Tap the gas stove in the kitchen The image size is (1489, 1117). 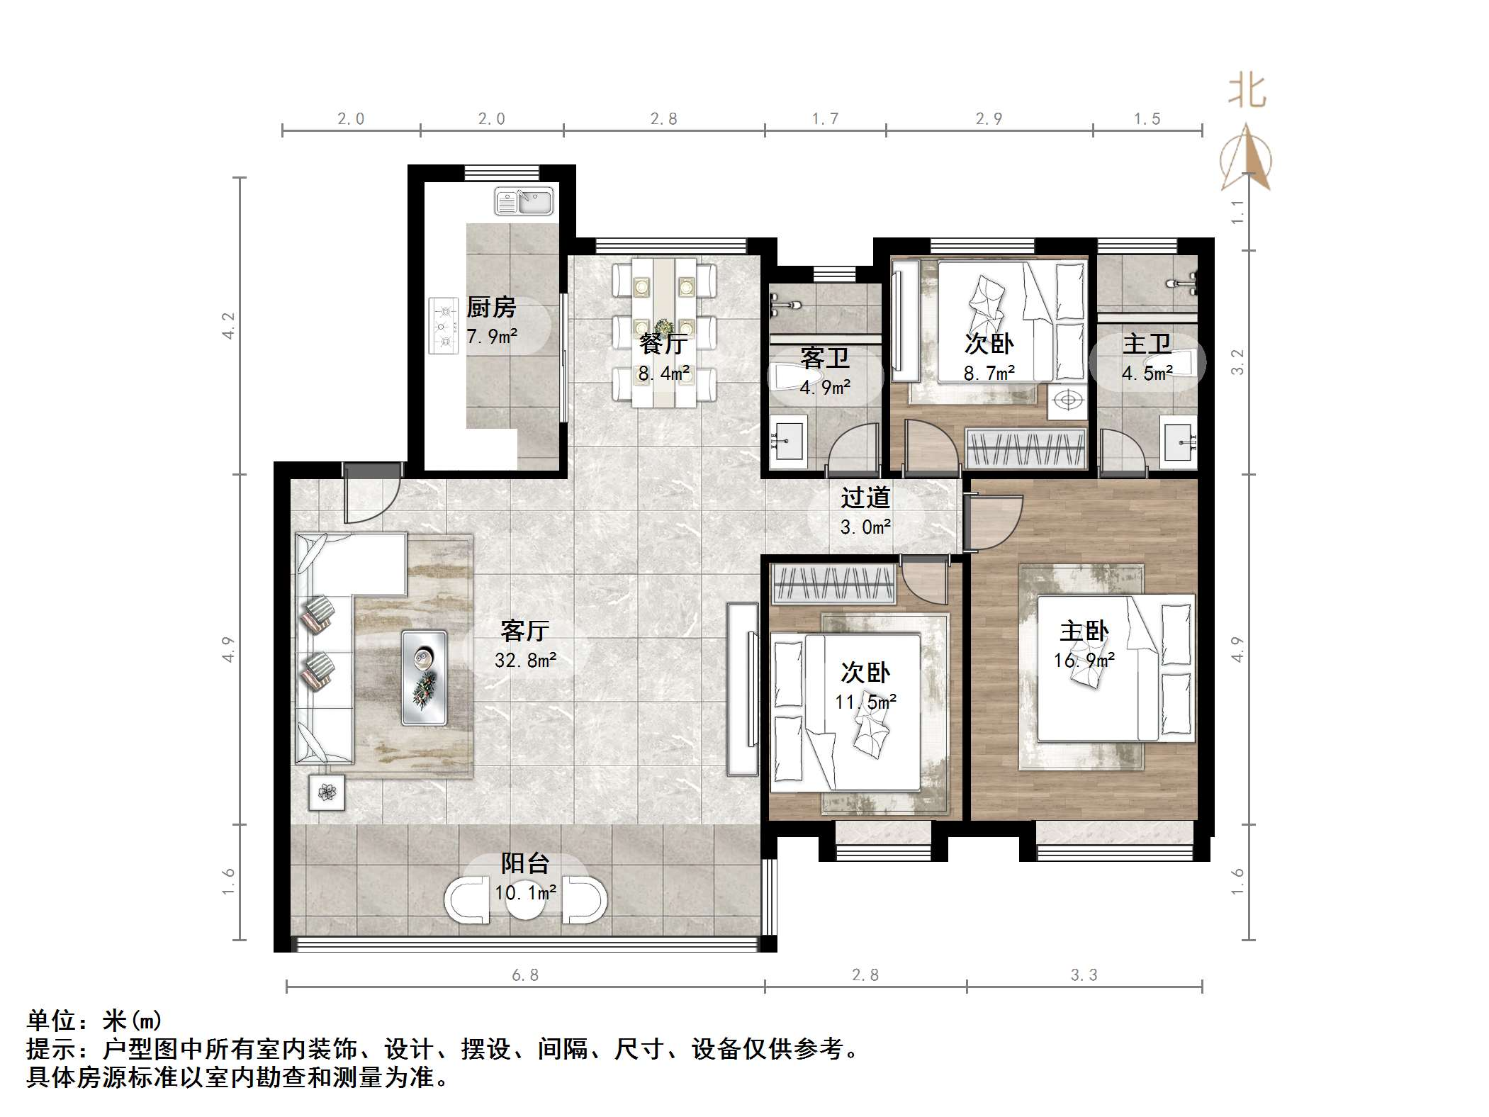click(x=443, y=326)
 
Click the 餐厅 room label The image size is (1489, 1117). click(x=663, y=344)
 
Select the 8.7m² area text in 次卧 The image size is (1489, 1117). click(x=989, y=373)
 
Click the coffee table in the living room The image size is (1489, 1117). click(x=425, y=678)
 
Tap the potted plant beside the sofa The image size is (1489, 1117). click(x=327, y=792)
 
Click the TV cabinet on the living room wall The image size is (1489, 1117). click(x=742, y=689)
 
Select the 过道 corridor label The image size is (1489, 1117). click(x=865, y=498)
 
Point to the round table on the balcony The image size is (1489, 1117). click(x=525, y=901)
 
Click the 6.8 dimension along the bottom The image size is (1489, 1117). click(x=525, y=975)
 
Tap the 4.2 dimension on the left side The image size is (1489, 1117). click(x=228, y=325)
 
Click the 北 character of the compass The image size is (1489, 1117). click(x=1247, y=93)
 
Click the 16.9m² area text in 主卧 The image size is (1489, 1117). click(x=1084, y=661)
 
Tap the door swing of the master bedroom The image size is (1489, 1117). click(x=994, y=521)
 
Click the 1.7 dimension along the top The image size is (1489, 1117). click(x=825, y=118)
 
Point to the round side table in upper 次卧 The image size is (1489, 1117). click(x=1067, y=400)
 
